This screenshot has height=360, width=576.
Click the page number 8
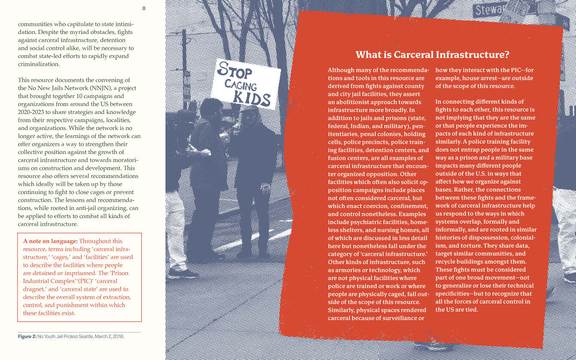144,8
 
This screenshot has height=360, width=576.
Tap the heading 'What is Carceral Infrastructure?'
432,55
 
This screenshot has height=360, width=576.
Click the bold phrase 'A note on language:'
50,241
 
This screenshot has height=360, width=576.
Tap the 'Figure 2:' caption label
27,336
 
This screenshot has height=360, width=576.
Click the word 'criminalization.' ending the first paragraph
39,64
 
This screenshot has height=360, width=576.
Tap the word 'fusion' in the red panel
337,158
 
